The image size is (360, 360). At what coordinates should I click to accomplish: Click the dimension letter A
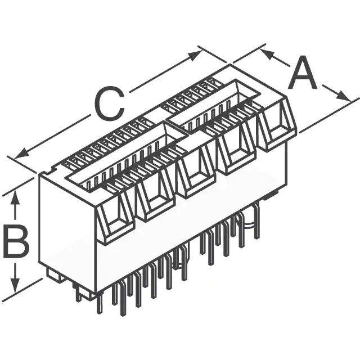click(303, 73)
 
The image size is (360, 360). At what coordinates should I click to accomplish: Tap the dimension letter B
click(16, 241)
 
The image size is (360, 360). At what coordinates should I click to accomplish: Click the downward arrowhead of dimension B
click(15, 285)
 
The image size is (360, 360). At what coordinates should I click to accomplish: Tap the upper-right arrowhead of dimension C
click(195, 55)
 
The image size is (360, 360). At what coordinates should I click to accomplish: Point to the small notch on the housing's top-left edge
click(53, 170)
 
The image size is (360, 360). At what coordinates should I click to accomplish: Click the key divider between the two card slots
click(178, 129)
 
